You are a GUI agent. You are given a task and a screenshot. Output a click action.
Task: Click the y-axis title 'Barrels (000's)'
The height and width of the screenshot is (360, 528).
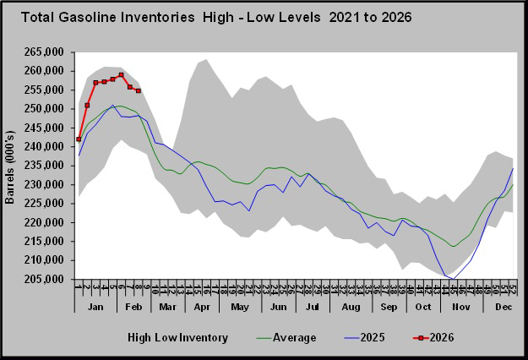(x=11, y=167)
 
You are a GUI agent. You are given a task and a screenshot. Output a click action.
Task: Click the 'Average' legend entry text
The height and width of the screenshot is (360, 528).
(x=294, y=338)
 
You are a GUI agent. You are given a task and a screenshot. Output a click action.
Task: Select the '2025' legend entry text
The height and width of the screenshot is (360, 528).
(x=373, y=338)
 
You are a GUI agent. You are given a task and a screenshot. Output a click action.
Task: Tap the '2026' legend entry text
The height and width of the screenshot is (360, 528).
(x=444, y=338)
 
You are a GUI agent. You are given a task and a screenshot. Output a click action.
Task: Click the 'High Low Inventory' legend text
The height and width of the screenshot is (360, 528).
(x=177, y=338)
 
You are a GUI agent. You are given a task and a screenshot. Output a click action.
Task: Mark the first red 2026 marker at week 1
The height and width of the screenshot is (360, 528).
(x=79, y=139)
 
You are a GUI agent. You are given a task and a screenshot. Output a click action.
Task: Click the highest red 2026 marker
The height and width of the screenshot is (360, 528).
(x=121, y=74)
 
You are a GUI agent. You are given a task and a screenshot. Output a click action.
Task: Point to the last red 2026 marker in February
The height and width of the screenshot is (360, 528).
(x=139, y=90)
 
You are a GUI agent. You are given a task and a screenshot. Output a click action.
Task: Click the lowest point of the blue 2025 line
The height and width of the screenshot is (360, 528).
(x=454, y=279)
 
